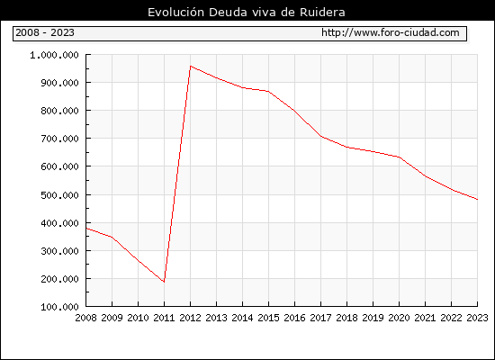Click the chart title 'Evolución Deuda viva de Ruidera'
(247, 13)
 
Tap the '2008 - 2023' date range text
(45, 32)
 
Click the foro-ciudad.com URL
(391, 32)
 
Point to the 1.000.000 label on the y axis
(54, 55)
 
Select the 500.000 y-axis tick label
(59, 194)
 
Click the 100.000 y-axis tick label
(59, 307)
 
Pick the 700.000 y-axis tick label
(59, 139)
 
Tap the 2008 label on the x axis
(85, 318)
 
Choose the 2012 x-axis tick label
(191, 318)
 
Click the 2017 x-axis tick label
(320, 318)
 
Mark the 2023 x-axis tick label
(477, 318)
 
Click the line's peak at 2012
(191, 66)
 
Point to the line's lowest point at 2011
(164, 282)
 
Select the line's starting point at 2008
(86, 228)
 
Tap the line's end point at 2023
(477, 200)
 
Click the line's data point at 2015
(269, 92)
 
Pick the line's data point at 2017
(320, 136)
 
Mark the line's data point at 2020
(399, 157)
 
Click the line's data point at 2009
(112, 237)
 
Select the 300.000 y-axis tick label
(59, 251)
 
